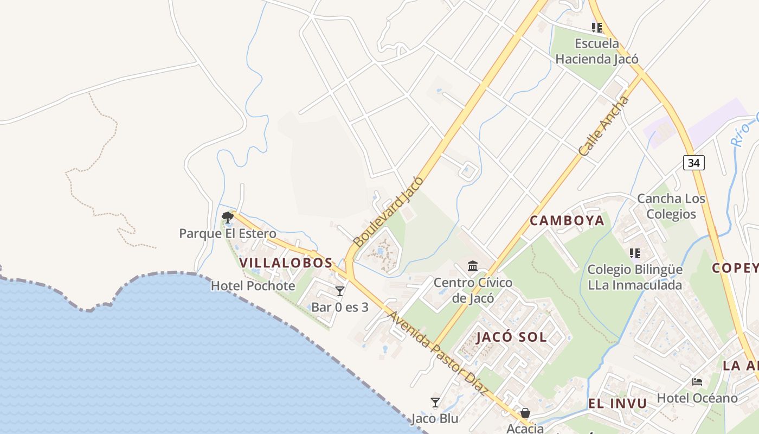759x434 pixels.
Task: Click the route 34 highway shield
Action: [x=693, y=162]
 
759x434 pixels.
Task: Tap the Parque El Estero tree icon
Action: [x=228, y=218]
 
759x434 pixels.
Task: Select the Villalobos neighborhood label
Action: [x=286, y=263]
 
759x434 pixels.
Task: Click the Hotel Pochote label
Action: [x=253, y=286]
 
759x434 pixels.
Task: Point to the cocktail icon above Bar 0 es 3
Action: [x=340, y=291]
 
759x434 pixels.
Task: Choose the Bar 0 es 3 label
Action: [x=340, y=307]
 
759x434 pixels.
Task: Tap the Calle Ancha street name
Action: [x=604, y=126]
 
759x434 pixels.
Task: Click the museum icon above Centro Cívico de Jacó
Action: [x=473, y=266]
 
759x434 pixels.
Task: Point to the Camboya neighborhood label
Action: [x=567, y=220]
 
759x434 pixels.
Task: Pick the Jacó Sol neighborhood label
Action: [x=511, y=337]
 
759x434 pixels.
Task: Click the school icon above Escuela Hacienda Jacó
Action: [x=597, y=27]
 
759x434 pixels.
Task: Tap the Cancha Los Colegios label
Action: [x=671, y=206]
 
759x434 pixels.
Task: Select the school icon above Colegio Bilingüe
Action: [x=635, y=253]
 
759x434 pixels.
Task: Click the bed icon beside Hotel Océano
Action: [x=697, y=382]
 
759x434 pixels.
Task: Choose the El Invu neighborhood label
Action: [x=618, y=403]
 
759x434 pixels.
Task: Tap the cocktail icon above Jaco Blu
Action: [x=435, y=402]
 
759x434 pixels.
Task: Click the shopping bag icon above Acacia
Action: [x=525, y=413]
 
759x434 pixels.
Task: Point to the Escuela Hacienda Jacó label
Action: [x=597, y=51]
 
